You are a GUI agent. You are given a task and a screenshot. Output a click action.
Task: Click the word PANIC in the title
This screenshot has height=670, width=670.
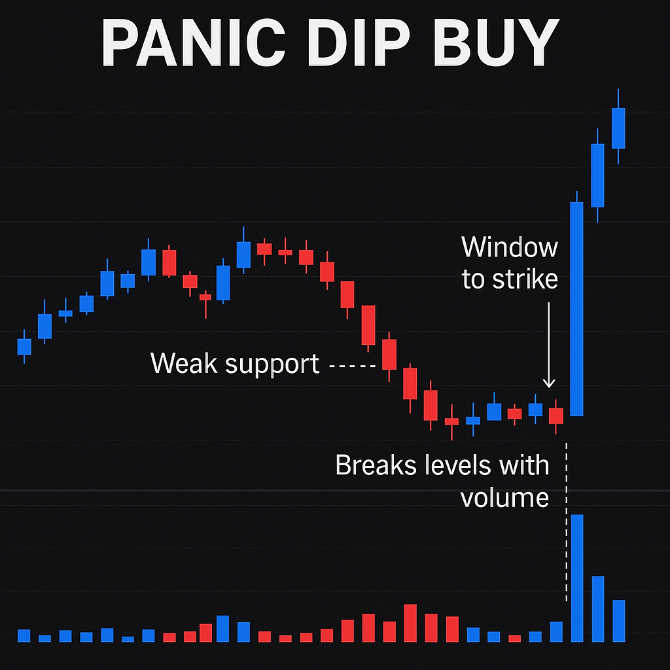pyautogui.click(x=193, y=43)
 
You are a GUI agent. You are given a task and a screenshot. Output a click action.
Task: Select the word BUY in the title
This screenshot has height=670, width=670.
pyautogui.click(x=496, y=43)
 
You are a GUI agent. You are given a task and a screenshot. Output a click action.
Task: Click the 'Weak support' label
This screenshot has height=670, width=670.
pyautogui.click(x=235, y=364)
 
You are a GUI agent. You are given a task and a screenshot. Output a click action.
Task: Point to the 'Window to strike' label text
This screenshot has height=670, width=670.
pyautogui.click(x=510, y=263)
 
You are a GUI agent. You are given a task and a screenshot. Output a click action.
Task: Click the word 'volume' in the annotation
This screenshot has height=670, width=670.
pyautogui.click(x=504, y=498)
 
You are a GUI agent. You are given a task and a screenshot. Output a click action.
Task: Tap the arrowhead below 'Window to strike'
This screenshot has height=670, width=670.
pyautogui.click(x=549, y=383)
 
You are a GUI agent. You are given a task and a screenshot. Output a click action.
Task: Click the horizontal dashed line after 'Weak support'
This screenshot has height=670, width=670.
pyautogui.click(x=352, y=366)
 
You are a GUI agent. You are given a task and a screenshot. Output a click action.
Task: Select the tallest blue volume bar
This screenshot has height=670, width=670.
pyautogui.click(x=577, y=578)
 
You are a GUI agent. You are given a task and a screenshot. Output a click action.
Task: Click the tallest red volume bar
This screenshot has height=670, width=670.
pyautogui.click(x=410, y=623)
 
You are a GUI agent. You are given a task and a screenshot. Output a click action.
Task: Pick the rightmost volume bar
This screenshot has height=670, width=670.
pyautogui.click(x=619, y=621)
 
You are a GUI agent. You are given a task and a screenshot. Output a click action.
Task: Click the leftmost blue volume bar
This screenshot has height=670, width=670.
pyautogui.click(x=24, y=636)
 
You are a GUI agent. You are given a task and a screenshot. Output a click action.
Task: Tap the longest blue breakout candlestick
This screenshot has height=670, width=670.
pyautogui.click(x=577, y=309)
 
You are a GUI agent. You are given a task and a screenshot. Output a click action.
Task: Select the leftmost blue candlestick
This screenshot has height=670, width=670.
pyautogui.click(x=24, y=347)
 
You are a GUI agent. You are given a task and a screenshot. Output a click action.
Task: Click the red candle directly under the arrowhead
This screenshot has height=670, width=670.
pyautogui.click(x=556, y=415)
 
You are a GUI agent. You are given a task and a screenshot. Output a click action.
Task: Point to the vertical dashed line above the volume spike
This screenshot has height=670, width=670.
pyautogui.click(x=567, y=522)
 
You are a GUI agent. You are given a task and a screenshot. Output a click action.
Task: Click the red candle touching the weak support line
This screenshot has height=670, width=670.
pyautogui.click(x=389, y=354)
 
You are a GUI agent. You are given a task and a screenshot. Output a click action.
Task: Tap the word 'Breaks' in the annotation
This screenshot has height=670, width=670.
pyautogui.click(x=376, y=465)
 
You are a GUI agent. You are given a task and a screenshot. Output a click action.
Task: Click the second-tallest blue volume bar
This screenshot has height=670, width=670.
pyautogui.click(x=598, y=609)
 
